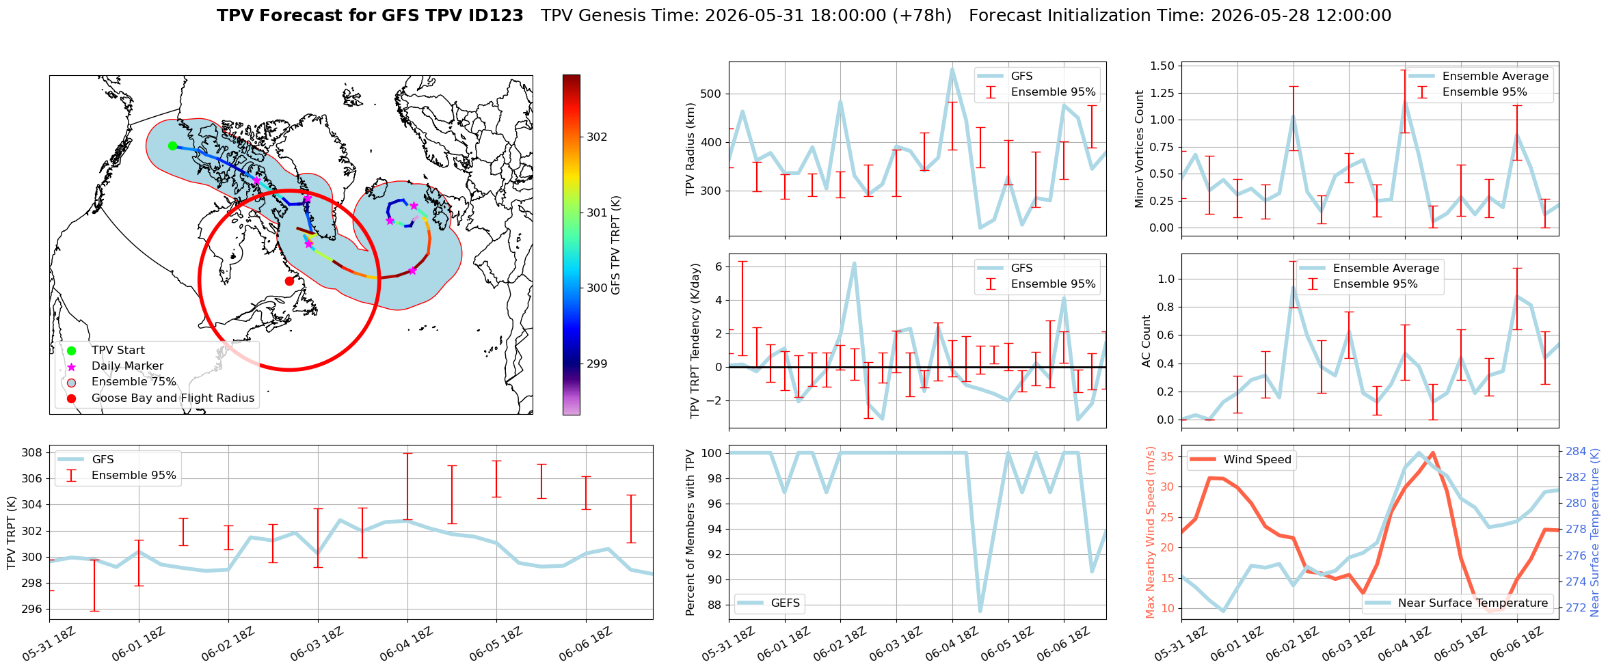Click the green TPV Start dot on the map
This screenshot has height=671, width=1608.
click(x=172, y=146)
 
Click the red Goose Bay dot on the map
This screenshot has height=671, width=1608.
click(x=289, y=281)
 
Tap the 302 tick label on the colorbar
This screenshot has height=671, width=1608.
click(x=597, y=137)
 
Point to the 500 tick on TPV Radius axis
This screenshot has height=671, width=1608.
click(x=711, y=94)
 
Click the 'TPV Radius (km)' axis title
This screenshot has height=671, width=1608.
click(x=691, y=149)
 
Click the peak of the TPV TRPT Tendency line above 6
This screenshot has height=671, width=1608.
click(x=854, y=263)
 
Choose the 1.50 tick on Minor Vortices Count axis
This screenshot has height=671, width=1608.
click(x=1162, y=66)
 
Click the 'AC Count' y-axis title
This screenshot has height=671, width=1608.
click(x=1147, y=341)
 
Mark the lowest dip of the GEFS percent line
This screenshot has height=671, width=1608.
click(x=980, y=611)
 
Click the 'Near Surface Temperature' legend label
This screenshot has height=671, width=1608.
click(x=1473, y=603)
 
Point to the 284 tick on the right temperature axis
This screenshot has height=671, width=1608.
click(x=1577, y=451)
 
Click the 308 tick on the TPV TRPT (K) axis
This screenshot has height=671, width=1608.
click(x=31, y=452)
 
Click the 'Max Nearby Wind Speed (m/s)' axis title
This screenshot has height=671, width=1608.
click(x=1150, y=532)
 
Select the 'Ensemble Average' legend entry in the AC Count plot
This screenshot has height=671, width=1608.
click(x=1386, y=268)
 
